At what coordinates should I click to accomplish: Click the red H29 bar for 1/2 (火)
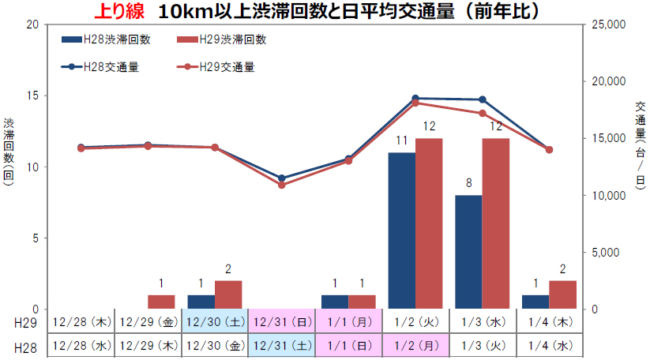pos(429,223)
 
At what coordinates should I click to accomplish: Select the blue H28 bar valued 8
pos(468,252)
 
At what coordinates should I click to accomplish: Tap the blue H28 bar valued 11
pos(401,231)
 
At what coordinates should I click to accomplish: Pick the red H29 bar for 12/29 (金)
pos(161,302)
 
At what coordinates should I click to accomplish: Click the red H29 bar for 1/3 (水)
pos(496,223)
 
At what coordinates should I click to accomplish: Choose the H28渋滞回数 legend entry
pos(110,39)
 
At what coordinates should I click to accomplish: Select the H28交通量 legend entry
pos(110,67)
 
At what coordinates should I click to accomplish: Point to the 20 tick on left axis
pos(32,24)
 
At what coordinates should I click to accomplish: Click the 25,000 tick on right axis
pos(608,24)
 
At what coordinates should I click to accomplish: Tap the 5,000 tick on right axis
pos(608,253)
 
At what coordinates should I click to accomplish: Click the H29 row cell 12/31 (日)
pos(281,322)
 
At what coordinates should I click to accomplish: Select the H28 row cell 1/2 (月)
pos(415,346)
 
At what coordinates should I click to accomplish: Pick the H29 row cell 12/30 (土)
pos(215,322)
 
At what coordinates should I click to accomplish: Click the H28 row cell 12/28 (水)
pos(81,346)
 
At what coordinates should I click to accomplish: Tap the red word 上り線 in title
pos(118,11)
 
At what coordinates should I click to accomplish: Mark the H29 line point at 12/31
pos(282,185)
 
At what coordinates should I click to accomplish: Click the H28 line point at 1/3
pos(483,99)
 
